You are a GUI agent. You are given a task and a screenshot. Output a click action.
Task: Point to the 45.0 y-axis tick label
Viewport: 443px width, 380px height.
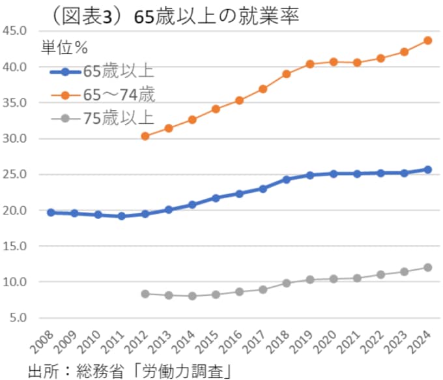click(14, 31)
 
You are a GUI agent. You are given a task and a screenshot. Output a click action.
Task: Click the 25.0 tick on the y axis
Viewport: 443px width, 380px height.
click(14, 174)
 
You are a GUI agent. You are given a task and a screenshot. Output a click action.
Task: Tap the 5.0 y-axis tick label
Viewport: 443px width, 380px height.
click(16, 317)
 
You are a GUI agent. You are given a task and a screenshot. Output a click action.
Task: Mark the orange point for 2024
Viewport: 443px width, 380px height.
click(428, 40)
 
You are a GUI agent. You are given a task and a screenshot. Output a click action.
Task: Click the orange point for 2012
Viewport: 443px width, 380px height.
click(145, 136)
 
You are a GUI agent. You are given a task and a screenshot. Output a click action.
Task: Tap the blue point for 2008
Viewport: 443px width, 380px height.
click(51, 212)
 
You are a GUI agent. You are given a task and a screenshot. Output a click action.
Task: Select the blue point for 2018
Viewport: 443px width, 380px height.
click(287, 179)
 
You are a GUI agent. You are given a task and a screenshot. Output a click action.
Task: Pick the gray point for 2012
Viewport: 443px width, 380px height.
click(145, 294)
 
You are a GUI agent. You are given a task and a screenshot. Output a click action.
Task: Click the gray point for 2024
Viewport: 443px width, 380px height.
click(428, 267)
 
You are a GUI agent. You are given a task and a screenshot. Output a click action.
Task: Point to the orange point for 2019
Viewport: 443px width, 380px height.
click(310, 64)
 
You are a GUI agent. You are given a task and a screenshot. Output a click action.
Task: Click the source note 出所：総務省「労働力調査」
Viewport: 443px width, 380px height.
click(130, 370)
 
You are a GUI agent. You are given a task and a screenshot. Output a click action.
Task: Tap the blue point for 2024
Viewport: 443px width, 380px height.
click(428, 169)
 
